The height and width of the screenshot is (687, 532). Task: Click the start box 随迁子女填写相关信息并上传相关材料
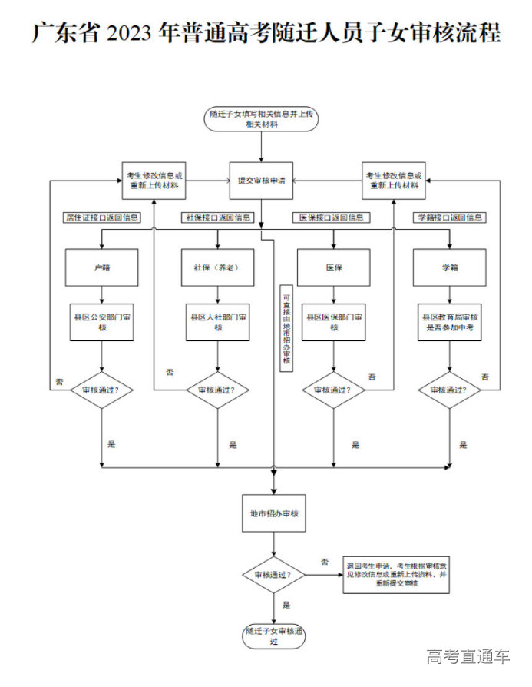261,118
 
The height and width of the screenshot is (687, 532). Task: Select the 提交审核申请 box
261,181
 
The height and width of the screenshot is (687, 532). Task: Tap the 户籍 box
102,267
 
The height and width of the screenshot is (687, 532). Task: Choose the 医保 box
334,267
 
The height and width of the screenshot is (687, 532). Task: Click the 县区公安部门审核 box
102,322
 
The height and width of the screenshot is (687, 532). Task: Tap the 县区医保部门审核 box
334,322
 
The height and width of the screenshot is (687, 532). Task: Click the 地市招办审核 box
274,513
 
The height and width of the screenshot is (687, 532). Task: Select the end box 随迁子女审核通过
274,636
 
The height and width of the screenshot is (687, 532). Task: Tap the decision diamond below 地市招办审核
274,574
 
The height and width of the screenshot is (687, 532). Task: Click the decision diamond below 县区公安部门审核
102,390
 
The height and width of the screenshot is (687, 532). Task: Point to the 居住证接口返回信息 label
103,217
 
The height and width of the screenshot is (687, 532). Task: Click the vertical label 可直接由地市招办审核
286,330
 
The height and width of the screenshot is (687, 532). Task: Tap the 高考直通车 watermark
468,656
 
